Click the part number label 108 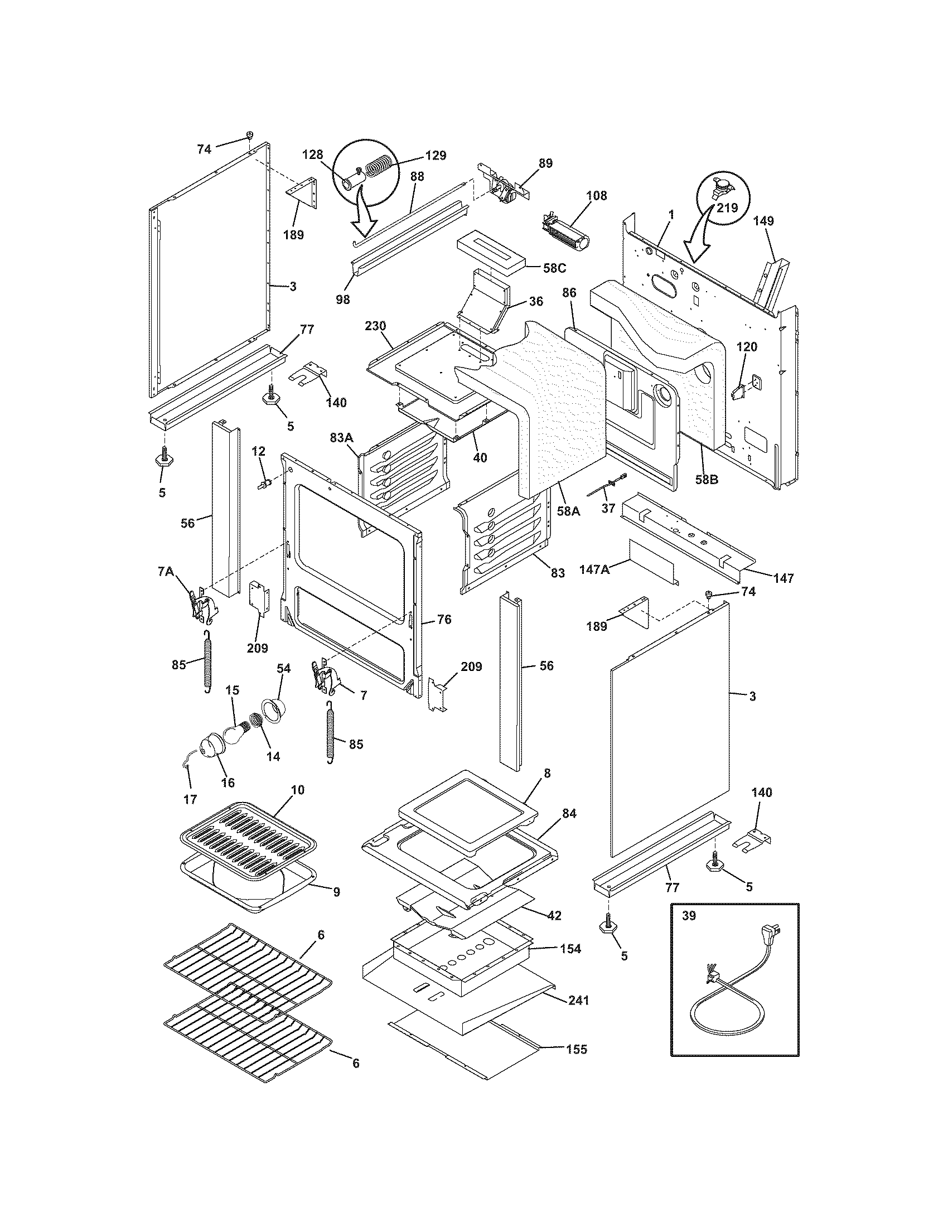tap(597, 196)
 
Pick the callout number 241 tap(578, 1000)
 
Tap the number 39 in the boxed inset tap(689, 915)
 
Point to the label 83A tap(341, 437)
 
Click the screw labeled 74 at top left tap(250, 136)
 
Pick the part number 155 tap(576, 1049)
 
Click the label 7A tap(165, 571)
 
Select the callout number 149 tap(763, 221)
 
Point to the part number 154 tap(570, 948)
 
